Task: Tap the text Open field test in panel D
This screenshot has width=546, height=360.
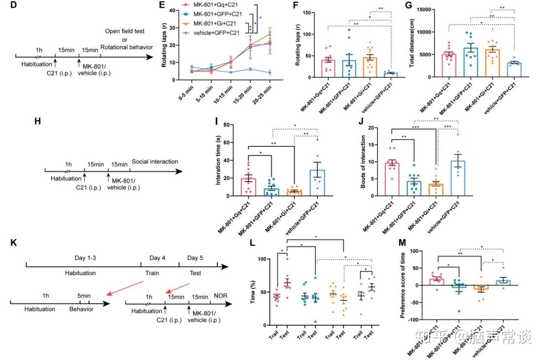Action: point(125,32)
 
